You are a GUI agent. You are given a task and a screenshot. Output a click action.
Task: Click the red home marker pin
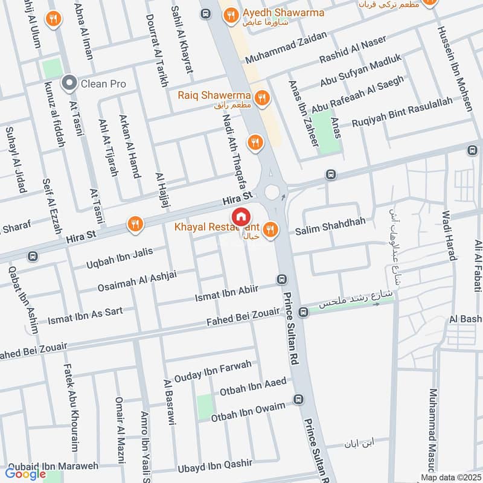tap(240, 216)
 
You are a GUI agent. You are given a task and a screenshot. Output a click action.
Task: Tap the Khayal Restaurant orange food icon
tap(269, 229)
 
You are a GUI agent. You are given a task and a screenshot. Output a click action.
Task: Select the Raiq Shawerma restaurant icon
tap(261, 96)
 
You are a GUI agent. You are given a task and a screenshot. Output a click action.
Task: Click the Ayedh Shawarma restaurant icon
tap(230, 16)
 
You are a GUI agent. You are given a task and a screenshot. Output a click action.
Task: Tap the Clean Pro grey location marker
tap(71, 83)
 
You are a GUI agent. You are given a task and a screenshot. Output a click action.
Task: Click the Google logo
tap(26, 473)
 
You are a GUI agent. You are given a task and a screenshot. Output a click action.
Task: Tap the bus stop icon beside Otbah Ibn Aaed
tap(298, 399)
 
